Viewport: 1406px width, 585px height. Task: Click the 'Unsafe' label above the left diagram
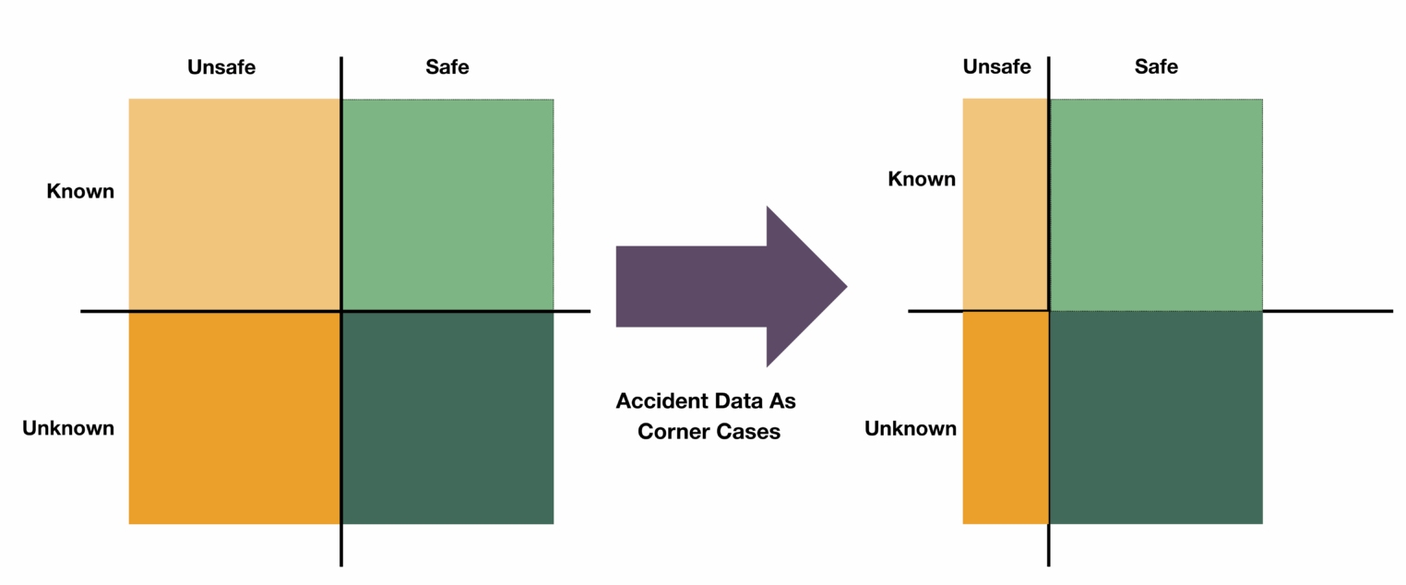tap(221, 67)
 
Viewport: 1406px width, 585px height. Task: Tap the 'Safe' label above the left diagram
tap(447, 67)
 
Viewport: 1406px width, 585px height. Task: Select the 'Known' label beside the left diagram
tap(81, 191)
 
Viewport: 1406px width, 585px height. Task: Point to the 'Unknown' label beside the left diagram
tap(68, 428)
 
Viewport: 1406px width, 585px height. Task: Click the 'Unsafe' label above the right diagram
tap(996, 67)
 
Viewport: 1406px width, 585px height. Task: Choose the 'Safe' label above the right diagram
tap(1156, 67)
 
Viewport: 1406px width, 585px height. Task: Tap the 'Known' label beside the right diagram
tap(922, 179)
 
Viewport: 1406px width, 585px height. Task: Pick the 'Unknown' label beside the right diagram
tap(911, 429)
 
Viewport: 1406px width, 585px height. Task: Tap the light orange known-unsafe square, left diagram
tap(234, 204)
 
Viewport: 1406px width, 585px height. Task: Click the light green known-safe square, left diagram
tap(448, 204)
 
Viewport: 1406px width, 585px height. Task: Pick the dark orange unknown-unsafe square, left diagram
tap(234, 418)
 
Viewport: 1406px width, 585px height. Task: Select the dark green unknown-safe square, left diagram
tap(448, 418)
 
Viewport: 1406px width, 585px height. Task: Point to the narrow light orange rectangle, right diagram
tap(1005, 204)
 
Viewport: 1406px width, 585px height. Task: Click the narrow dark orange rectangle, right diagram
tap(1005, 418)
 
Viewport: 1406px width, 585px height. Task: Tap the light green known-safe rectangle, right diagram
tap(1156, 204)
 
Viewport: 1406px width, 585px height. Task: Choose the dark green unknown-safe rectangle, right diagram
tap(1156, 418)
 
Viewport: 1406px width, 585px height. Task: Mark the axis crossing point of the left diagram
tap(341, 311)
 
